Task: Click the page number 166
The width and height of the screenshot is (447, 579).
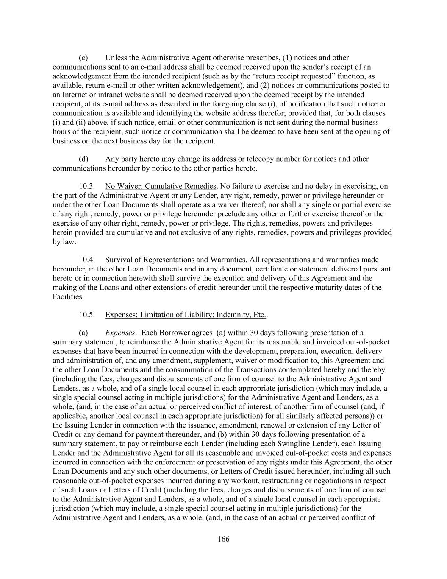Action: coord(223,539)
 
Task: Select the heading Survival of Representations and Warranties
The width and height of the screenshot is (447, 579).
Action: coord(175,260)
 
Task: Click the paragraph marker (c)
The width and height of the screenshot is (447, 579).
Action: coord(83,58)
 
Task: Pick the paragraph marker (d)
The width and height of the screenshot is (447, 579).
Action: coord(83,159)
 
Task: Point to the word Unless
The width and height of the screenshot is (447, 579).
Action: coord(116,58)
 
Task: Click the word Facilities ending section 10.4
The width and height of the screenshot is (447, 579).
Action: coord(68,296)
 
